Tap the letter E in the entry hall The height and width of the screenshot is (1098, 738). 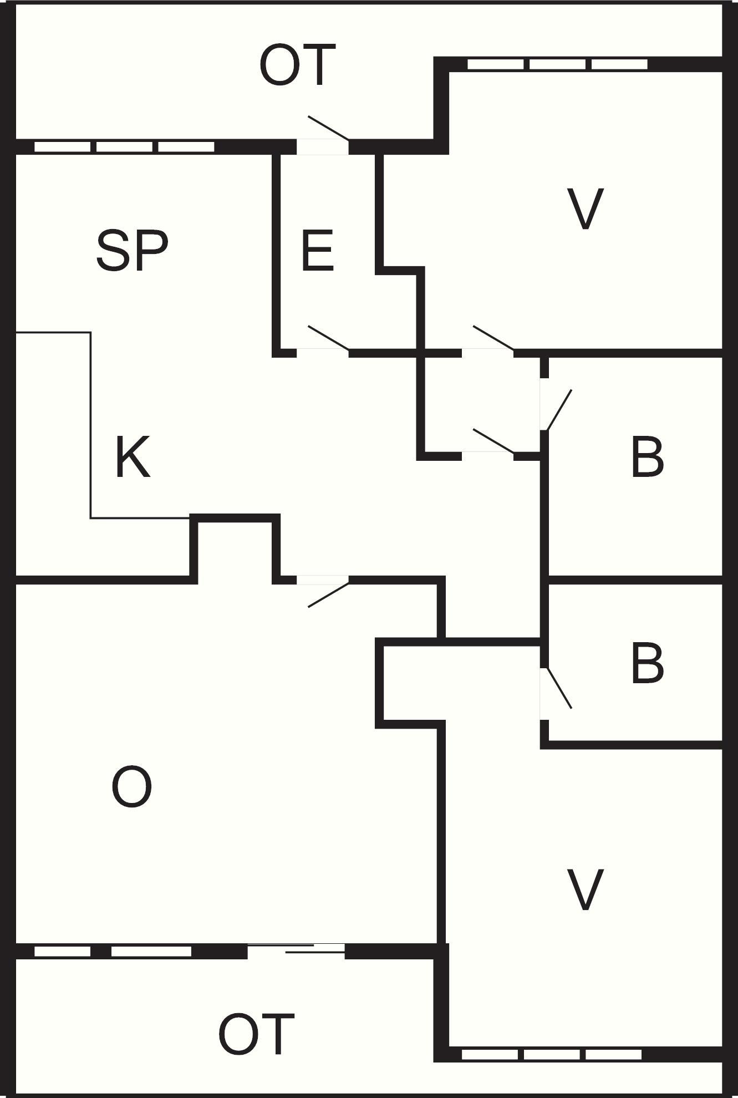[318, 252]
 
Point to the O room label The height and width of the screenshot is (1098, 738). [132, 787]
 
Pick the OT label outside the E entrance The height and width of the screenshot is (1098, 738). [298, 65]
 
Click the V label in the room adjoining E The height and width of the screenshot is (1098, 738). [586, 209]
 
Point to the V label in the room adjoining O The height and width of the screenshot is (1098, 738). [586, 890]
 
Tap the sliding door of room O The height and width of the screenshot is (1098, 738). [297, 950]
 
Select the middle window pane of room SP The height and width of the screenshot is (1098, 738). [124, 147]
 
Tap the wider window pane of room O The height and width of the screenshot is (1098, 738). [151, 951]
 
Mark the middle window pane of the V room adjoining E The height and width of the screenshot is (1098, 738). [557, 64]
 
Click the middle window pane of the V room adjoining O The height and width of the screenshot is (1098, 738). [552, 1054]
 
